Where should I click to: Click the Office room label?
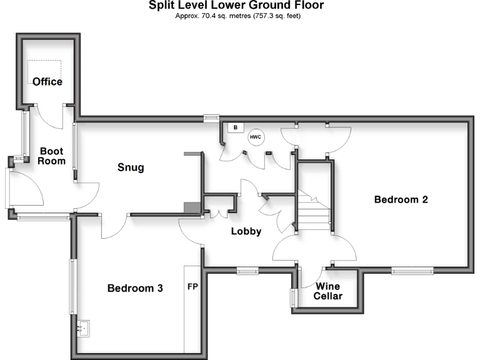(47, 82)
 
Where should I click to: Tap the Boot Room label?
(51, 156)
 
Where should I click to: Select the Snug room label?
(131, 167)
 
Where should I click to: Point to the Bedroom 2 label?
(401, 200)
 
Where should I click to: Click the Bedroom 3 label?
(135, 288)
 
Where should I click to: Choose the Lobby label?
(246, 231)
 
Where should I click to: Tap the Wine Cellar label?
(328, 291)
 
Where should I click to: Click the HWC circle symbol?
(256, 137)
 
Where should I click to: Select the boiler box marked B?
(235, 128)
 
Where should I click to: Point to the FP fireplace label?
(192, 288)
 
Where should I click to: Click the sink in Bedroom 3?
(83, 327)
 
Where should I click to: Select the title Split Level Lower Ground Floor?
(236, 6)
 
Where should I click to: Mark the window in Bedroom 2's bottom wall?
(412, 271)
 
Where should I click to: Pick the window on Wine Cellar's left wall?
(292, 297)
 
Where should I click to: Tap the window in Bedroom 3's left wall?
(73, 287)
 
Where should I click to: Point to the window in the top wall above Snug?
(212, 117)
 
